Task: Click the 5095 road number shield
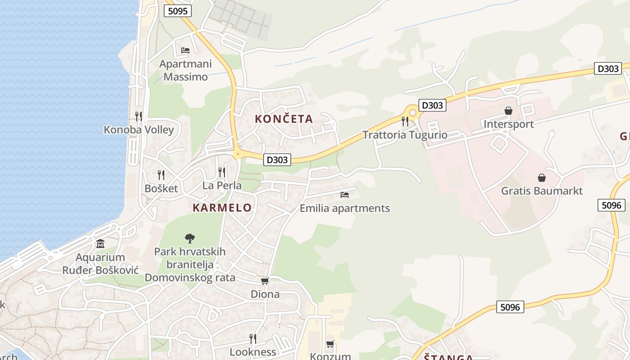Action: pyautogui.click(x=178, y=11)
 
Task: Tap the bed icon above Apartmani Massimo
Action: pyautogui.click(x=185, y=50)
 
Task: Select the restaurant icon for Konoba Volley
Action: pyautogui.click(x=139, y=116)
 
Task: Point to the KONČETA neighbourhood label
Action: pyautogui.click(x=283, y=119)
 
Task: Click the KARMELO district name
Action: pyautogui.click(x=222, y=207)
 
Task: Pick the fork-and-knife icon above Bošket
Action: pyautogui.click(x=161, y=175)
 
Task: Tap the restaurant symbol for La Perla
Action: pyautogui.click(x=222, y=172)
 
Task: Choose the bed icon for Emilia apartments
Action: pyautogui.click(x=345, y=195)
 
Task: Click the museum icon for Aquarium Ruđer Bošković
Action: pyautogui.click(x=100, y=244)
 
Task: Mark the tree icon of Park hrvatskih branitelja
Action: pyautogui.click(x=190, y=238)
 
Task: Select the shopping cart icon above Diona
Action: pyautogui.click(x=265, y=281)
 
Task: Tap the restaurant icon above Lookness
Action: pyautogui.click(x=253, y=338)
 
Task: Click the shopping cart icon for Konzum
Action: pyautogui.click(x=330, y=344)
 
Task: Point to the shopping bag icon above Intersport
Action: pyautogui.click(x=508, y=111)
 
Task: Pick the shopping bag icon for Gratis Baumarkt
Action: pyautogui.click(x=542, y=178)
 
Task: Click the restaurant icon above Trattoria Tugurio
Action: pyautogui.click(x=405, y=121)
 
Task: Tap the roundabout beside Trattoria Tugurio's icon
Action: pyautogui.click(x=412, y=112)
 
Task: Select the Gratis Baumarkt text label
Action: pyautogui.click(x=542, y=191)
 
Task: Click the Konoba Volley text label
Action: pyautogui.click(x=139, y=130)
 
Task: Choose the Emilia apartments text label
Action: pyautogui.click(x=345, y=208)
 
